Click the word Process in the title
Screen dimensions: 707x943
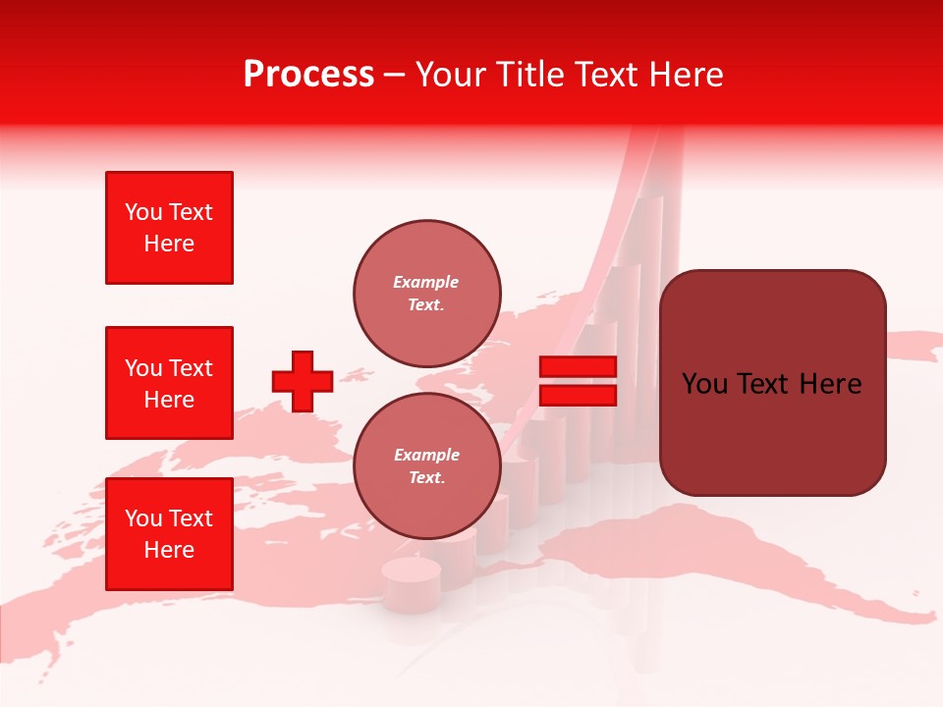[308, 75]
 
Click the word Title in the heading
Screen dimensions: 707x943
[528, 75]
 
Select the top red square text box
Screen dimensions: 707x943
[169, 228]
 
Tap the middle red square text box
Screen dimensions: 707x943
[169, 383]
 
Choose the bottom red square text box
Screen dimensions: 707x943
[169, 534]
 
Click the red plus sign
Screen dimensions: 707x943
[303, 381]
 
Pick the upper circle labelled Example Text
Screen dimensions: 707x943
[426, 293]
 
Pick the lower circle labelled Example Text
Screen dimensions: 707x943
[426, 465]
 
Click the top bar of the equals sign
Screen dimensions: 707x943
[578, 367]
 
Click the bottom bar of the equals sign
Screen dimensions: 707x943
[578, 396]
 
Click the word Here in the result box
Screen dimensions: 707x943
[830, 383]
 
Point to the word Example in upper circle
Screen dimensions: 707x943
[425, 282]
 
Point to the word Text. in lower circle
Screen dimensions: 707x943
[426, 477]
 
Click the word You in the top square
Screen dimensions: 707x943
[143, 212]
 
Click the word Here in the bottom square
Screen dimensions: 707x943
[169, 550]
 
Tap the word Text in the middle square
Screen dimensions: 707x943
[190, 368]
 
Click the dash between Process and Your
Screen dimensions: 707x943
[395, 75]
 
